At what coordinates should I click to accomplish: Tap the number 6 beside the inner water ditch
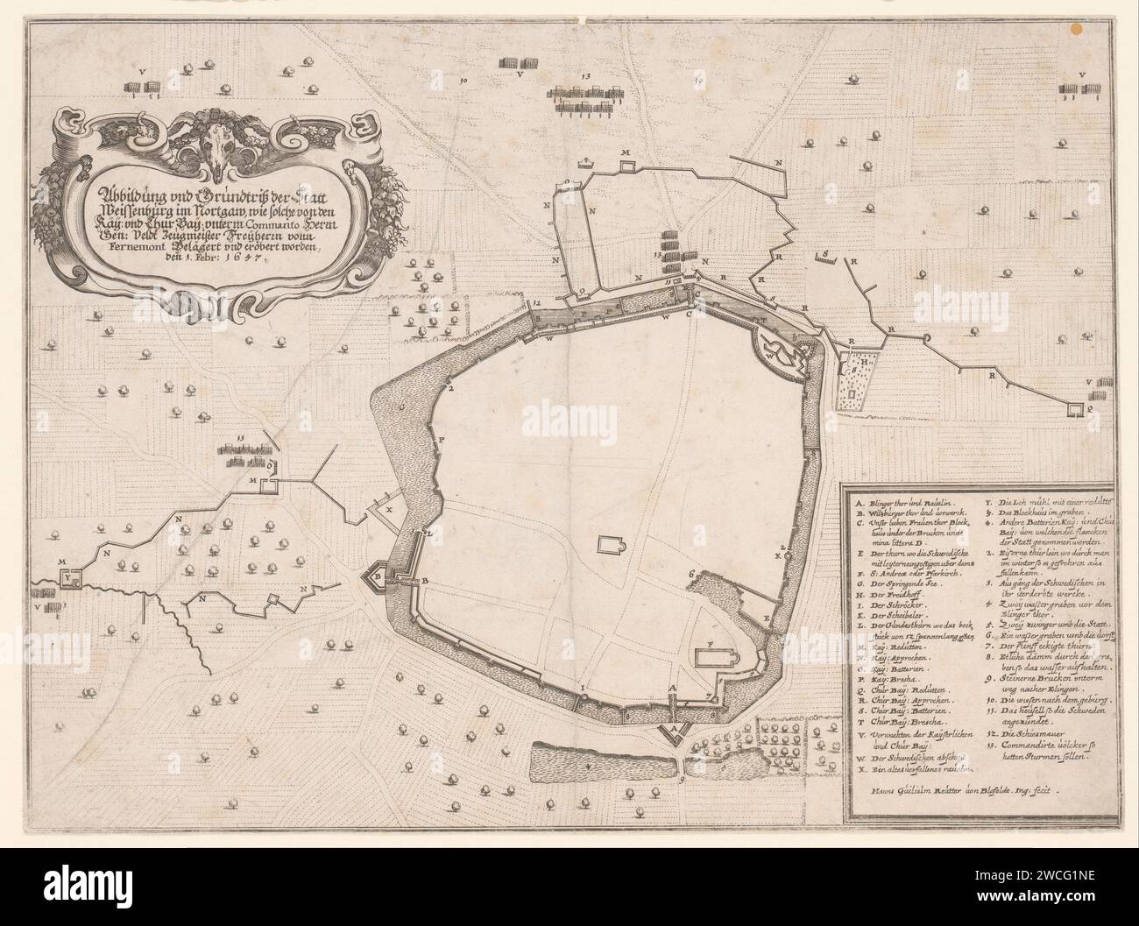(x=691, y=572)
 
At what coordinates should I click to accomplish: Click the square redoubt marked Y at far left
(x=69, y=578)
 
